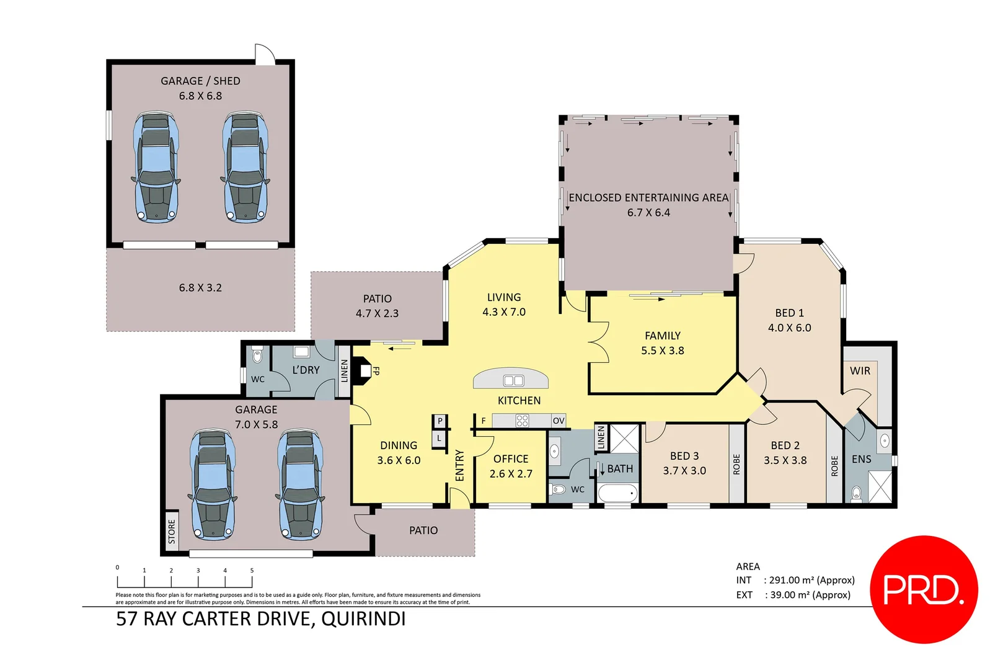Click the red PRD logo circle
point(923,589)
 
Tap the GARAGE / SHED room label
point(200,81)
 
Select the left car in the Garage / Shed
point(156,167)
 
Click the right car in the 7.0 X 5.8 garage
point(300,484)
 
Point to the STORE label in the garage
point(172,532)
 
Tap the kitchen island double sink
point(513,380)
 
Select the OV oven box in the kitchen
point(558,421)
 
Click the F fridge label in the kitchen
point(484,421)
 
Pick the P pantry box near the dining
point(440,421)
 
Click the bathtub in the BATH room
point(617,494)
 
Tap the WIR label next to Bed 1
point(860,371)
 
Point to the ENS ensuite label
point(861,460)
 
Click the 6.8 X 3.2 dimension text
point(200,288)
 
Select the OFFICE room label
point(511,459)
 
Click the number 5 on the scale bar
point(252,571)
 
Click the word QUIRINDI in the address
point(363,619)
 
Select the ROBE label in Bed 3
point(736,465)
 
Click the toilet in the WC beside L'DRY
point(257,357)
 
